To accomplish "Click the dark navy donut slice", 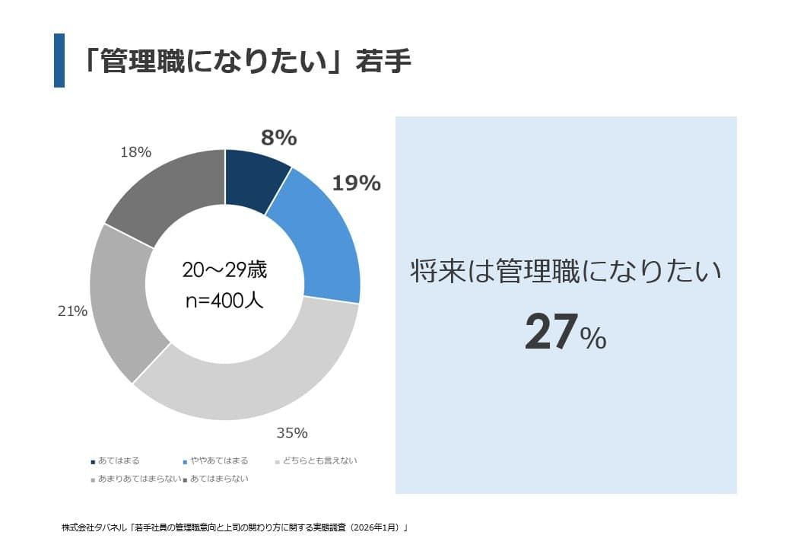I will coord(254,180).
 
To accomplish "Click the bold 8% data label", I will coord(278,138).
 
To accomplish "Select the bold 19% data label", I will coord(356,183).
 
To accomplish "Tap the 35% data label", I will coord(292,433).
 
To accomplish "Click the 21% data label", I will coord(72,311).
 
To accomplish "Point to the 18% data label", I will coord(135,152).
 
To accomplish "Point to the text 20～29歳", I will coord(224,270).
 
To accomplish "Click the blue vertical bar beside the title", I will coord(59,60).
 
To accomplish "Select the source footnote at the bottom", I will coord(235,527).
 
